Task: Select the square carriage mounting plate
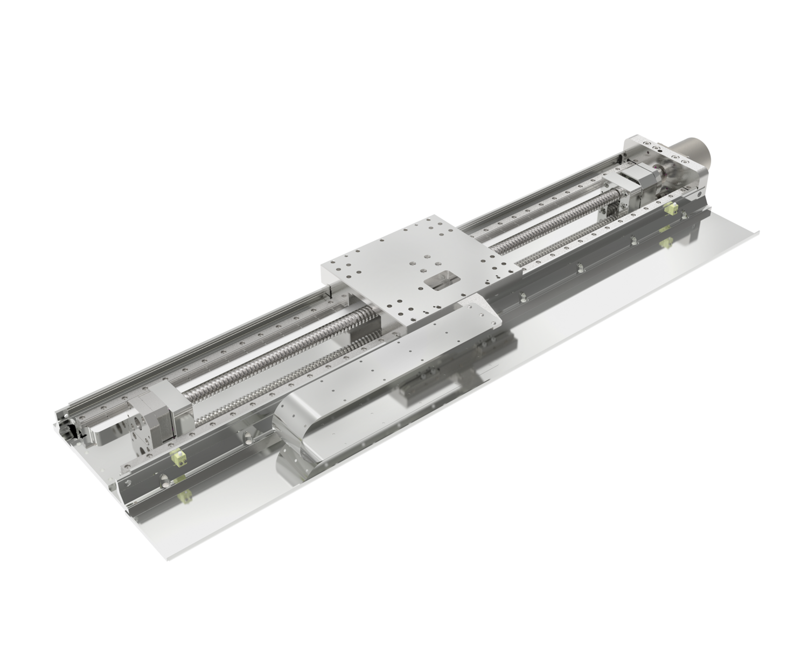420,269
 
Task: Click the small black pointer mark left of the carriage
328,293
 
